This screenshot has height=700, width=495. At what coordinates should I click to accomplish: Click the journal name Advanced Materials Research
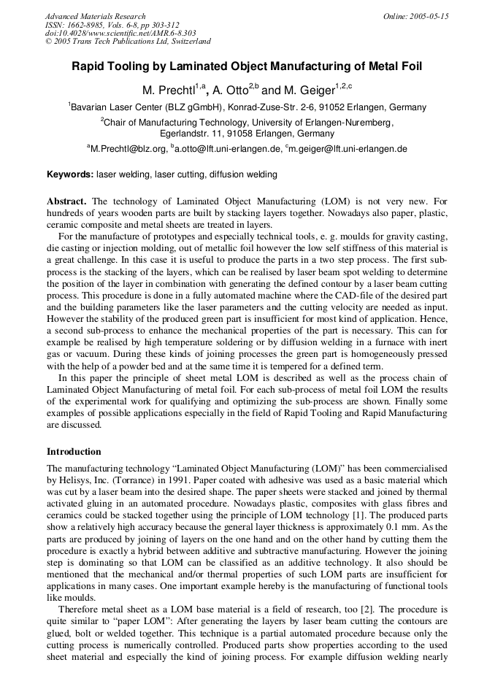coord(95,16)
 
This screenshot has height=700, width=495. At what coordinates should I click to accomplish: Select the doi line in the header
coord(120,33)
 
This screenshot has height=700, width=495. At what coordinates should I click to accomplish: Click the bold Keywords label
coord(70,175)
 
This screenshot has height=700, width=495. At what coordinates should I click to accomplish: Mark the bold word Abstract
coord(66,201)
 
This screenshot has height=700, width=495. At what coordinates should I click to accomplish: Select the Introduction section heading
coord(74,452)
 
